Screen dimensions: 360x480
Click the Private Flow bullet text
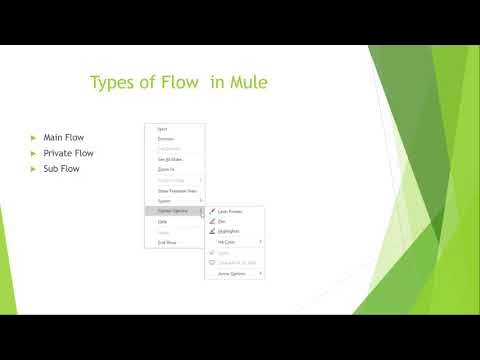point(68,153)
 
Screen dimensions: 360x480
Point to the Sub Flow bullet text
point(61,169)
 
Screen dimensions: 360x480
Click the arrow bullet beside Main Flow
point(33,137)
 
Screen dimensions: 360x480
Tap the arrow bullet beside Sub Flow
point(33,169)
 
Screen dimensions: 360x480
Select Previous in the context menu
point(167,139)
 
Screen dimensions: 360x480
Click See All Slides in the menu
point(171,160)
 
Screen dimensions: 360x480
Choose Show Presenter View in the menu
point(177,190)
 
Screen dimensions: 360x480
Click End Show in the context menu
point(168,242)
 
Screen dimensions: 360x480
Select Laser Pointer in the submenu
point(233,211)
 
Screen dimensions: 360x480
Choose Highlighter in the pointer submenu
point(231,231)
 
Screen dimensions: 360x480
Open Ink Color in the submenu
point(228,241)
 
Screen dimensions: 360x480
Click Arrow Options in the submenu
point(233,272)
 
